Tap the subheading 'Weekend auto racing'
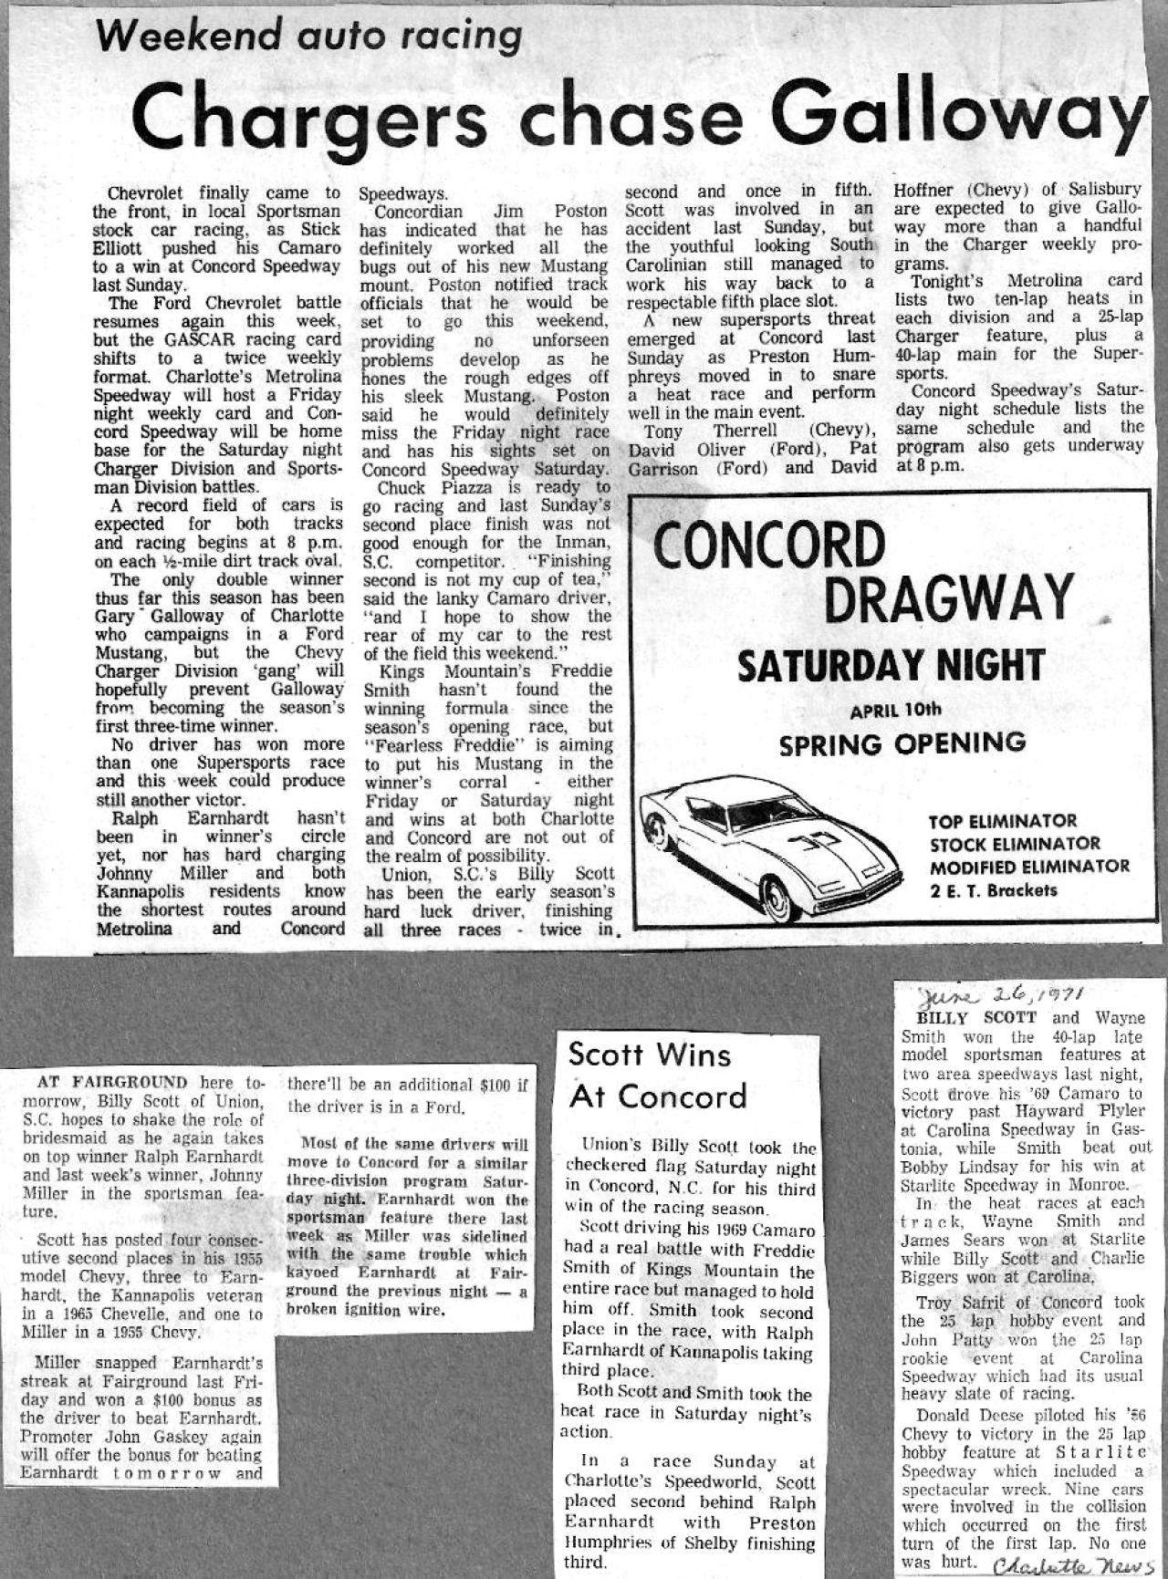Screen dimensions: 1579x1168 309,36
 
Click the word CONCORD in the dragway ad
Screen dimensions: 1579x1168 768,545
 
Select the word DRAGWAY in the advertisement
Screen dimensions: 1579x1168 948,599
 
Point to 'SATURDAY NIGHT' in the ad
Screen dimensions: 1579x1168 891,665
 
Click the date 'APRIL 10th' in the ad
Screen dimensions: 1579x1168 895,711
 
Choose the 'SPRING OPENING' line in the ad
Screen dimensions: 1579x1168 901,744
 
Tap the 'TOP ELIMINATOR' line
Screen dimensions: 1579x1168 1003,821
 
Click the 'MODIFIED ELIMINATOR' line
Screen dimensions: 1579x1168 1029,867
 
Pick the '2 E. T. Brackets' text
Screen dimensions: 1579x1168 994,890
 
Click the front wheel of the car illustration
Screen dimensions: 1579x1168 777,897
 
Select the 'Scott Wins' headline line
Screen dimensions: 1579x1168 649,1054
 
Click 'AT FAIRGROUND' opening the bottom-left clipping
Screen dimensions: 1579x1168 111,1083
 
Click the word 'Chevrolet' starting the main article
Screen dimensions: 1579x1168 145,193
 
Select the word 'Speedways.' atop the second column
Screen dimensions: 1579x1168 402,193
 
